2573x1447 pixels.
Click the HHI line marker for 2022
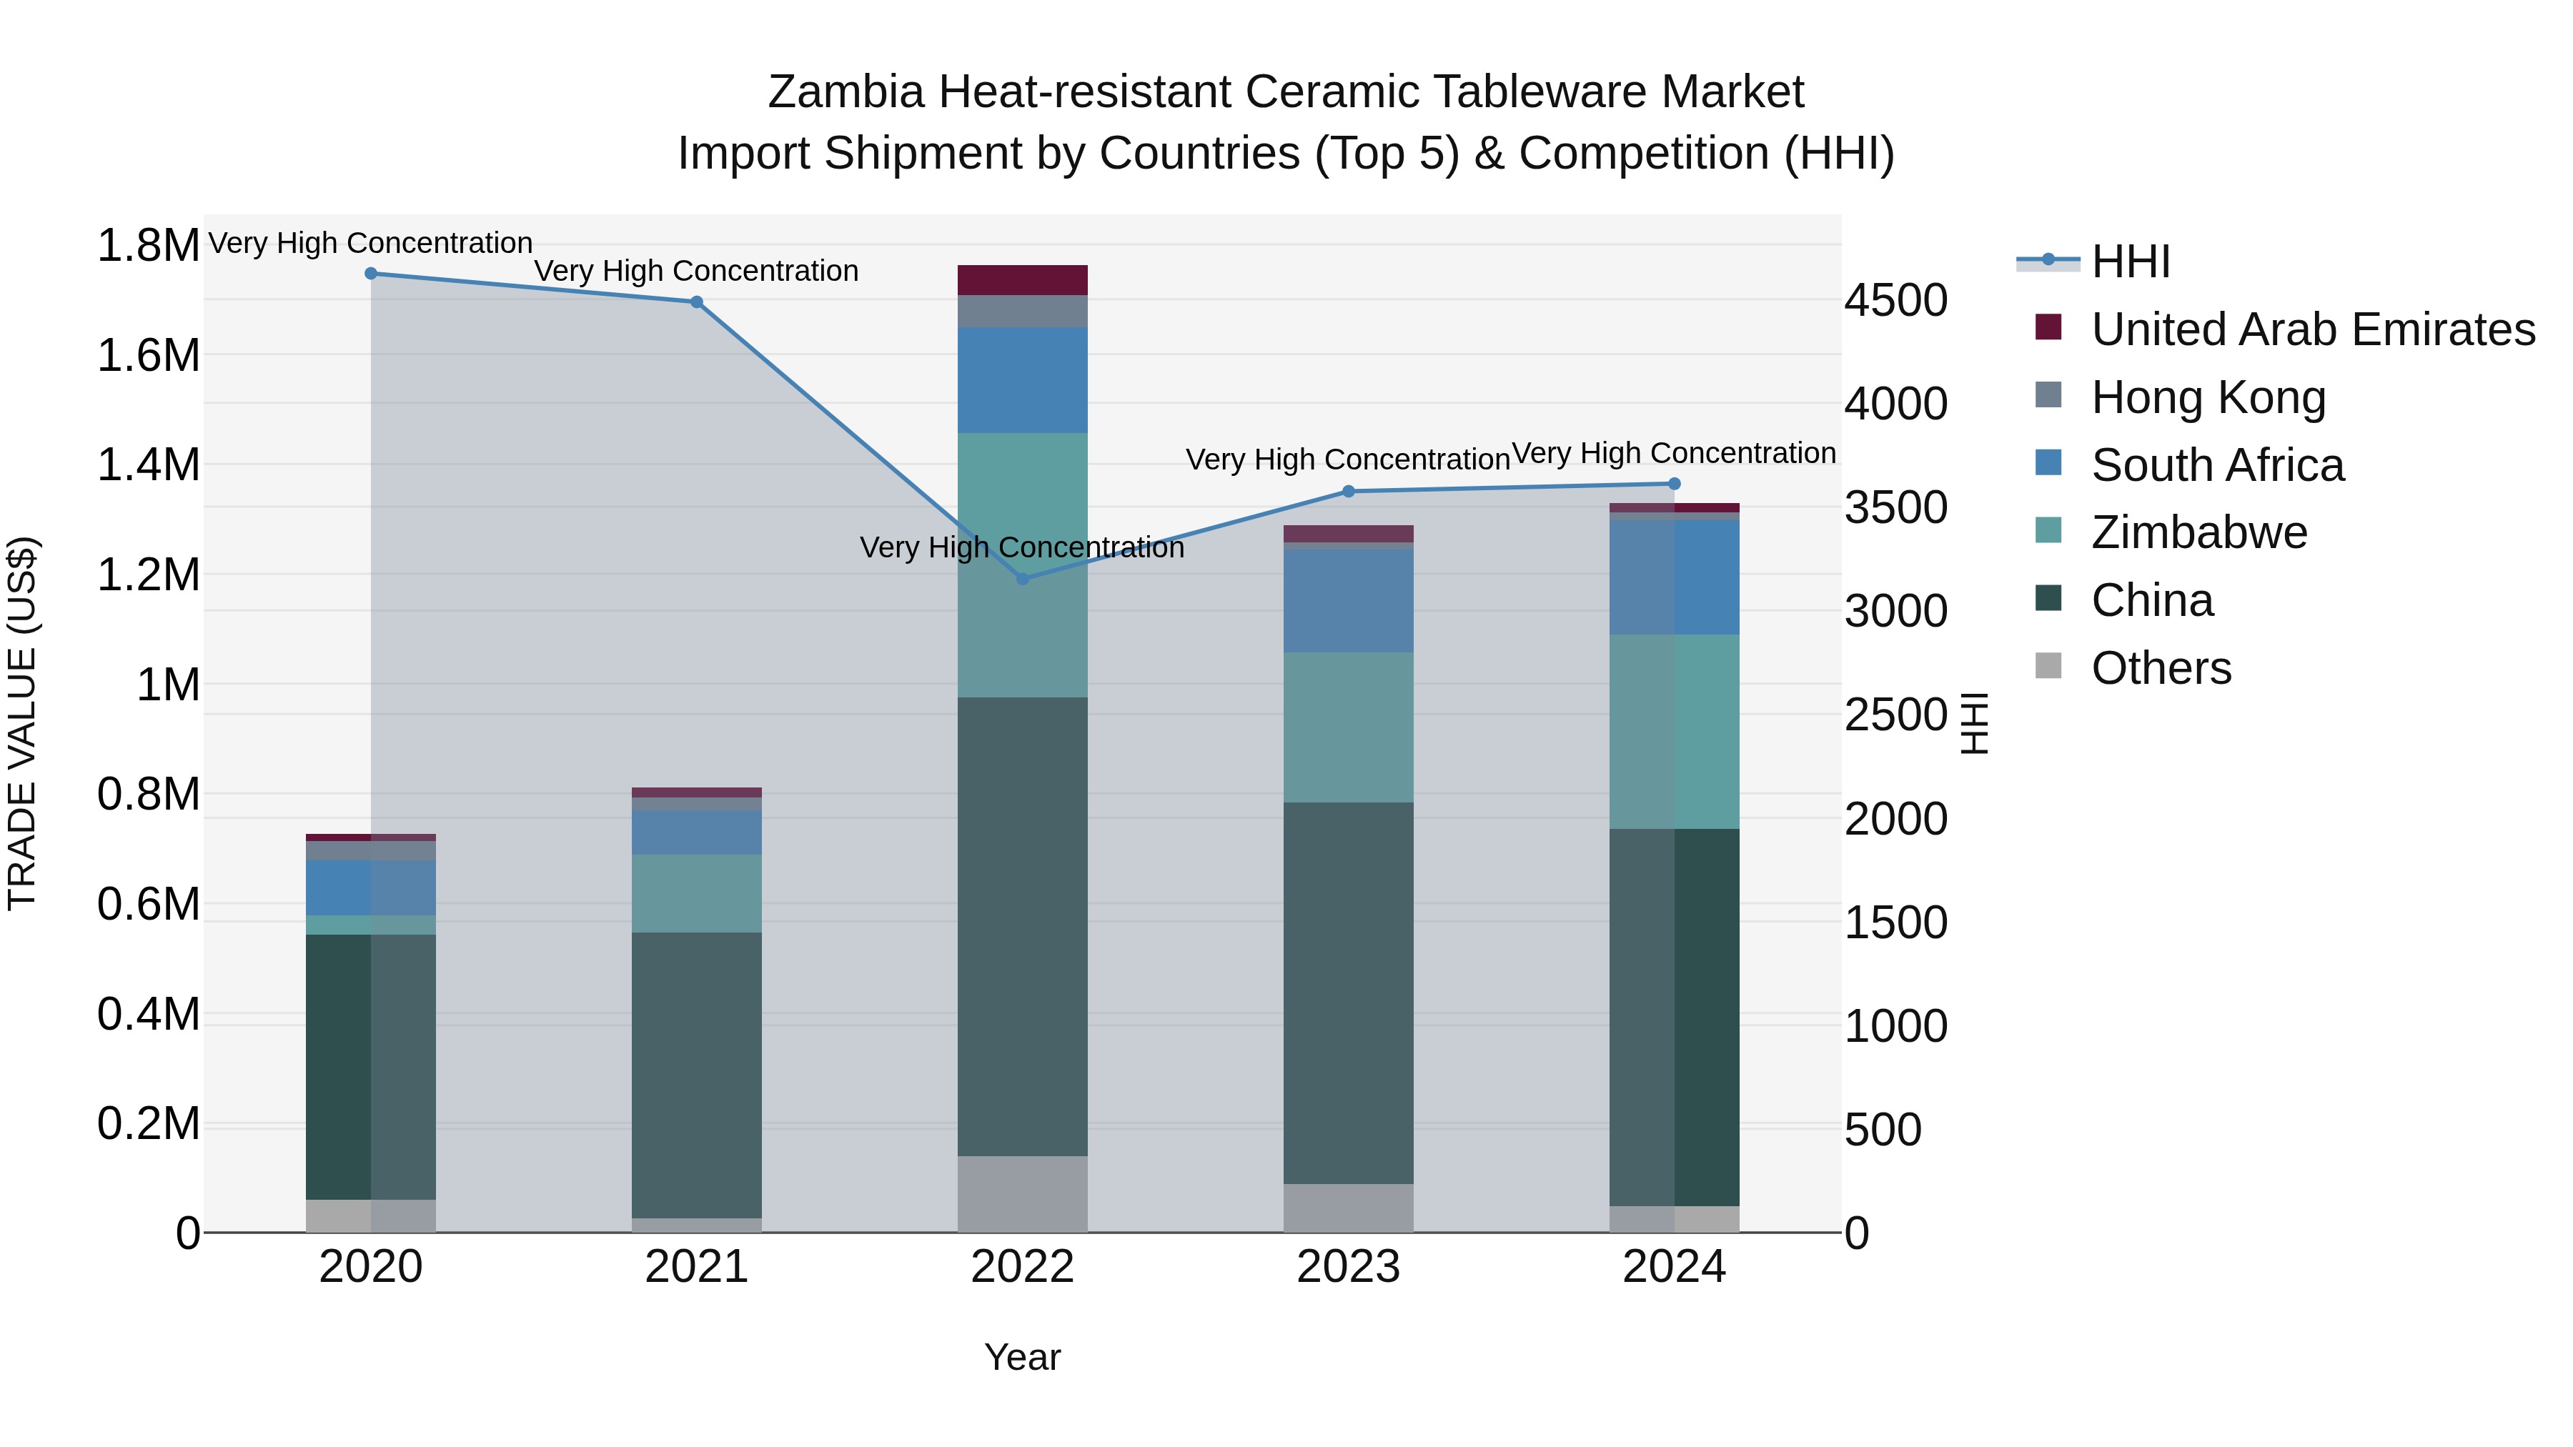[1022, 580]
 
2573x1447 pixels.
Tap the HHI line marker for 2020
[370, 274]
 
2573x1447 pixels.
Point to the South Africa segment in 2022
[1022, 379]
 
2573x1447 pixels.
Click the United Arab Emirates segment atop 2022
[1022, 279]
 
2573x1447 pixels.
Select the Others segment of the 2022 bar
[1022, 1193]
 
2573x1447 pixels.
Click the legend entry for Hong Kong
[2208, 397]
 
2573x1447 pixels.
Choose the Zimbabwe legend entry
[2198, 532]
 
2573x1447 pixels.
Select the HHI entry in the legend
[2130, 262]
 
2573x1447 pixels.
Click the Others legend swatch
[2048, 666]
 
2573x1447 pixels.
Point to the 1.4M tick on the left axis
[148, 465]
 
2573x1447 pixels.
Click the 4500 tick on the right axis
[1895, 301]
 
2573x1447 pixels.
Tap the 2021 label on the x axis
[696, 1267]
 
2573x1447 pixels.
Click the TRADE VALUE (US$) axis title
[22, 723]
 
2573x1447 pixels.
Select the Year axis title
[1022, 1357]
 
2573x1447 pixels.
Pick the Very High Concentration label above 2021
[696, 271]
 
